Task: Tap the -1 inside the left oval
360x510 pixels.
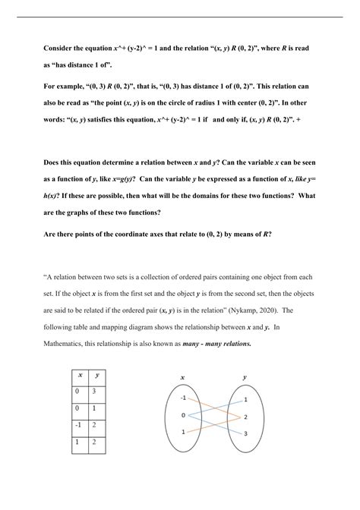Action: point(183,396)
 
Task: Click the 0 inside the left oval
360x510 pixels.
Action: point(183,415)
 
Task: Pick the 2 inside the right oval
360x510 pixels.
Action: point(246,417)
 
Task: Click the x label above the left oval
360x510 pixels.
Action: point(182,377)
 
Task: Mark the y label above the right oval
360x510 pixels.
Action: point(245,377)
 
